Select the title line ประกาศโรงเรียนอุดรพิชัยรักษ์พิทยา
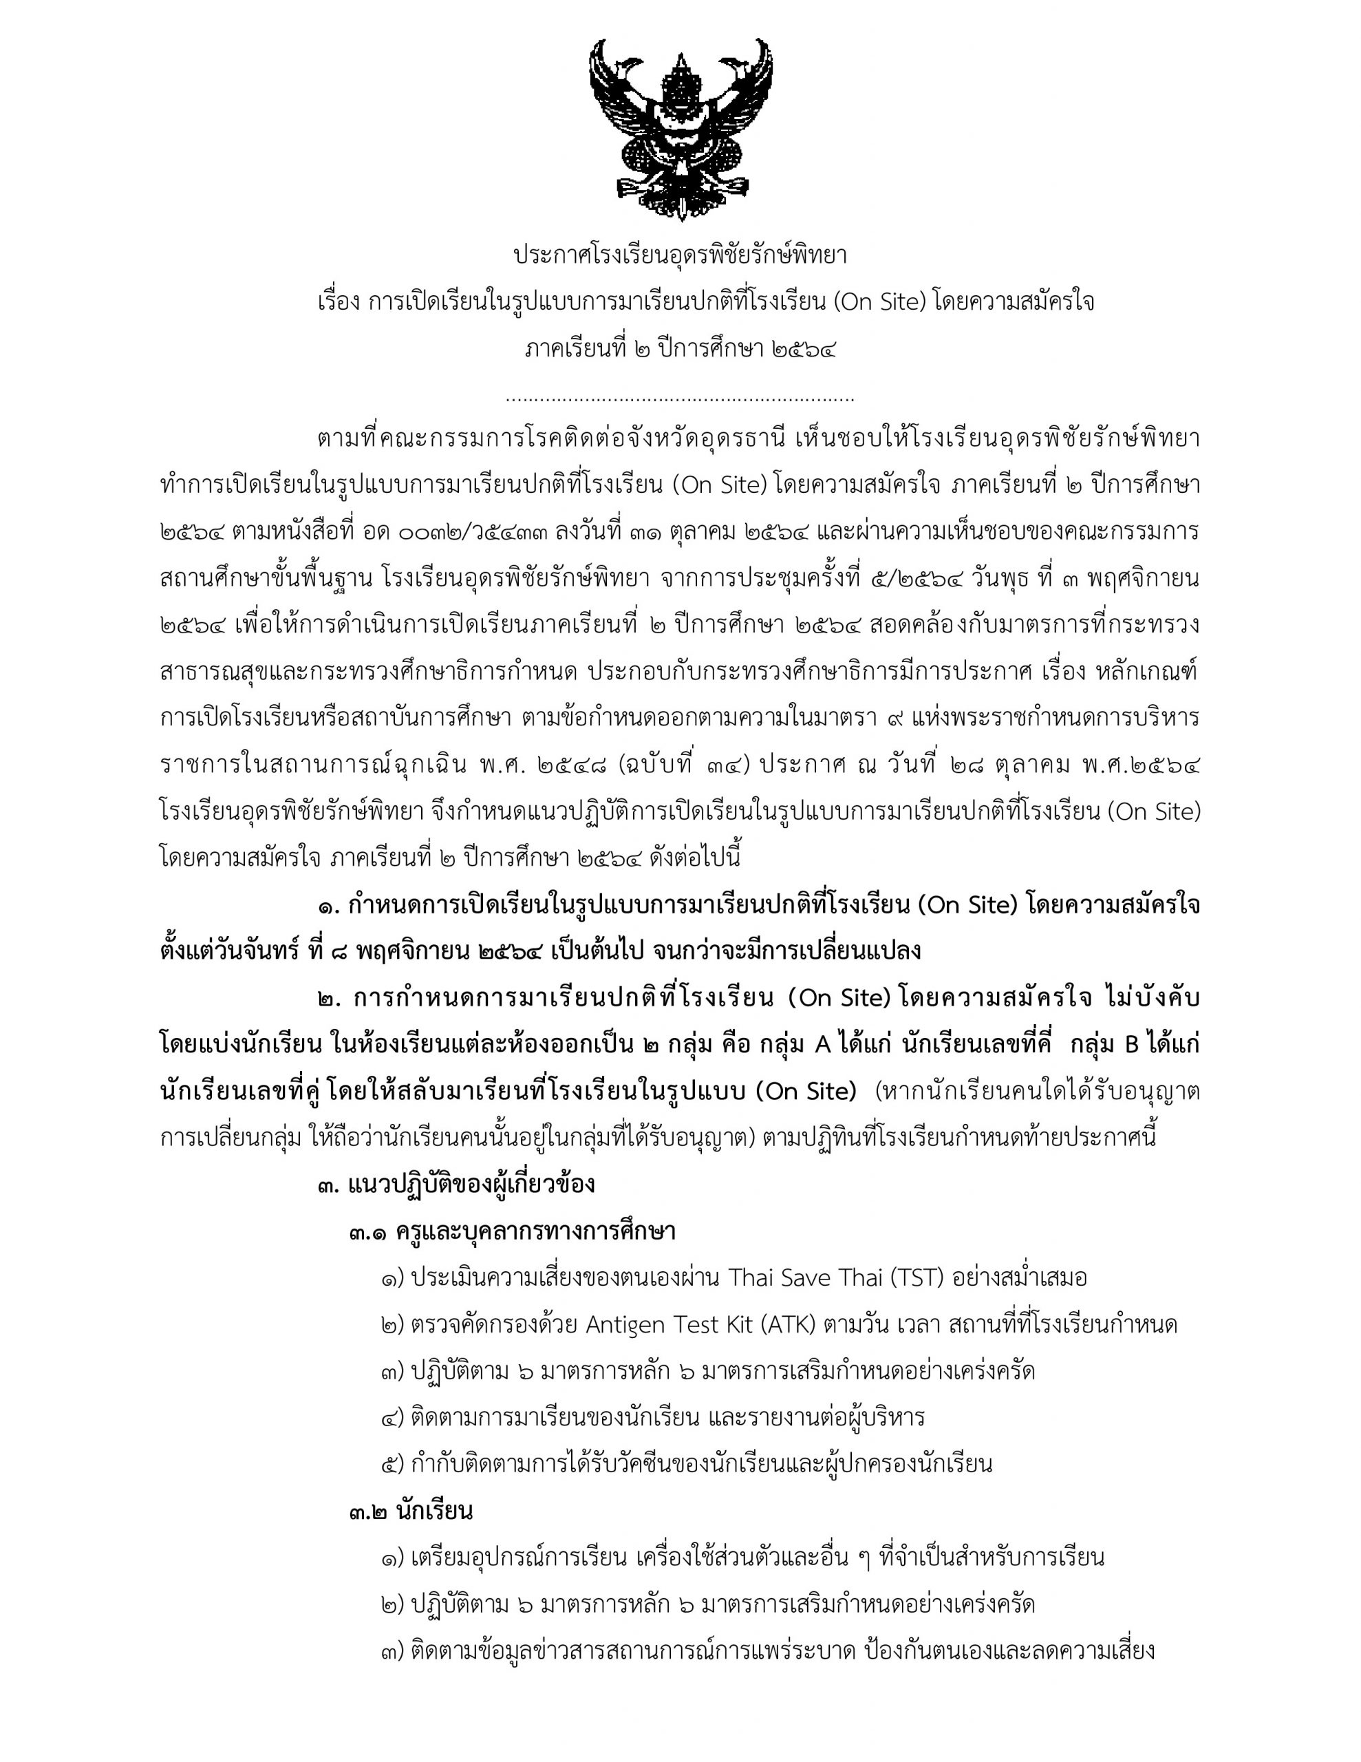[680, 256]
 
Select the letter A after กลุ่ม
[823, 1045]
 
